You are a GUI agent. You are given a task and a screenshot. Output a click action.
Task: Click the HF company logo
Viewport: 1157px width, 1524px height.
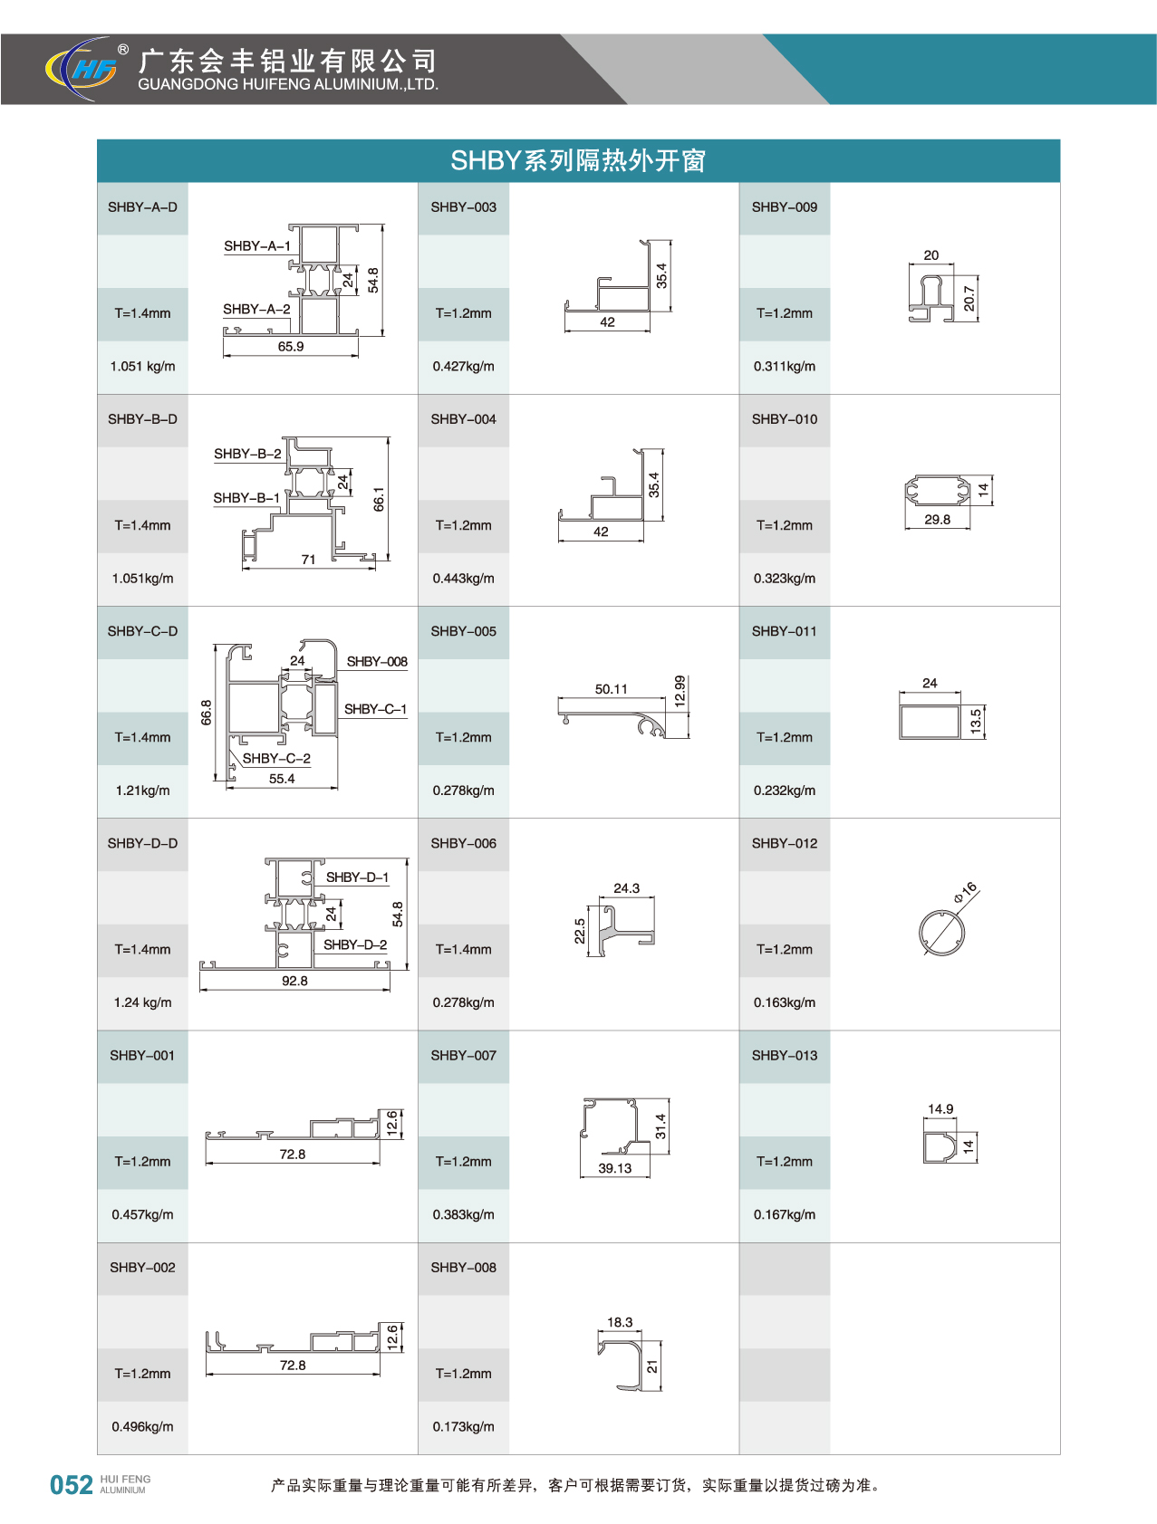[82, 68]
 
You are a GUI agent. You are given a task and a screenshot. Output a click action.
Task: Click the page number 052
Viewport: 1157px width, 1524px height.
[71, 1485]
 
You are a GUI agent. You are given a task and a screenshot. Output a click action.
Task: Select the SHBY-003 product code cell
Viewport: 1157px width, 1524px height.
[463, 207]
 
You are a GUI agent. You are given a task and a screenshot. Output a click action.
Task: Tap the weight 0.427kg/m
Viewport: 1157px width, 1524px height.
[463, 367]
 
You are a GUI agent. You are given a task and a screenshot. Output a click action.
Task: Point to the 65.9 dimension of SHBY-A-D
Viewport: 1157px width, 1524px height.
[291, 347]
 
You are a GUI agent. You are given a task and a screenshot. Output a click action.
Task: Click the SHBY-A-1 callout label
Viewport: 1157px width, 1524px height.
[257, 246]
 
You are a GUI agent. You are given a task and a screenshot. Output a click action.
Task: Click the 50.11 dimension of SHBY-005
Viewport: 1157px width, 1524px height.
[611, 689]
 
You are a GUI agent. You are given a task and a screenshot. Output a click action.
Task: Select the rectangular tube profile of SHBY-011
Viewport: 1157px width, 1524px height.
[930, 722]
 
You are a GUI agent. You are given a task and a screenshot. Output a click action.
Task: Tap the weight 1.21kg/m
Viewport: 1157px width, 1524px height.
[142, 791]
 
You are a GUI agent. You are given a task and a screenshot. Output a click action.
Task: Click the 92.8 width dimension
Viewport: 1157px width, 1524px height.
[294, 981]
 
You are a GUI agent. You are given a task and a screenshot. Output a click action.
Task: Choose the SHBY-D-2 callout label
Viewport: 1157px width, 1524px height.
[355, 945]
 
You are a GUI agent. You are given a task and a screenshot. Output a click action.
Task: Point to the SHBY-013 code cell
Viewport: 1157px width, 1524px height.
[785, 1056]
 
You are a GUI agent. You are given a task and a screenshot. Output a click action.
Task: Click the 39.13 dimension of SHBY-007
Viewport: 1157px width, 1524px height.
[614, 1168]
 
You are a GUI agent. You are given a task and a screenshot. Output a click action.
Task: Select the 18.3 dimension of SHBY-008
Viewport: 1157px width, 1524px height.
[620, 1322]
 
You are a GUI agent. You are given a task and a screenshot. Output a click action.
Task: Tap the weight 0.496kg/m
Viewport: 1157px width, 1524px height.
[142, 1427]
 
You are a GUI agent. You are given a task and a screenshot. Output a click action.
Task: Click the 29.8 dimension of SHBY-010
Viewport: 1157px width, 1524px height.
[937, 520]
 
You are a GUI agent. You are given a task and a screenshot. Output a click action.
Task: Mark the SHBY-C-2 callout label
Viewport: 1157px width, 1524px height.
[276, 759]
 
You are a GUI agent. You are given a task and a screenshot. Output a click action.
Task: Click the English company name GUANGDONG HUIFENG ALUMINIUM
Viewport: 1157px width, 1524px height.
[288, 85]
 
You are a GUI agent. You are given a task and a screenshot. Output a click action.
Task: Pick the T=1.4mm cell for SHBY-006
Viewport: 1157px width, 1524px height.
[463, 950]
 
